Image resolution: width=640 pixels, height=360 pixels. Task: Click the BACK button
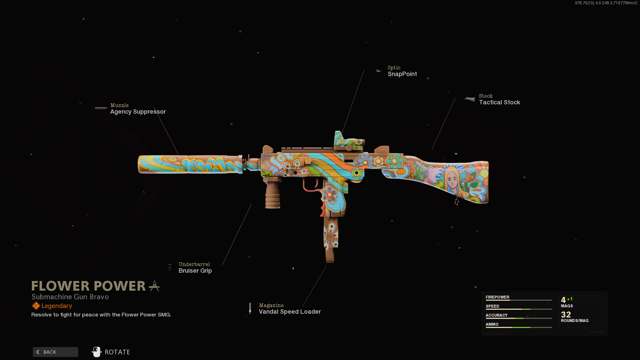pos(55,352)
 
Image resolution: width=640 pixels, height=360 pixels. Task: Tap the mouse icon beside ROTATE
pos(96,352)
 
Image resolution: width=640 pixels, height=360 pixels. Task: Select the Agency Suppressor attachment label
pos(138,112)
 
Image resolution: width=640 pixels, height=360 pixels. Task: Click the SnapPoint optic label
pos(402,74)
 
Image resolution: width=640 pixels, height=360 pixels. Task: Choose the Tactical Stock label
pos(499,102)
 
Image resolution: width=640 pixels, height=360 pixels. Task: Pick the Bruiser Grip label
pos(195,271)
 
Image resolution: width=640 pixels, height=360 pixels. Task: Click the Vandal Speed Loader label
pos(290,312)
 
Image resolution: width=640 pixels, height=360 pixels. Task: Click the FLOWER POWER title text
pos(88,286)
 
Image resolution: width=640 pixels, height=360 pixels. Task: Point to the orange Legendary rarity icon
pos(36,306)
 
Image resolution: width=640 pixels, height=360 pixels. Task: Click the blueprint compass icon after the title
pos(154,286)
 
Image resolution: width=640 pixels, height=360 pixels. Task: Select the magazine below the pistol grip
pos(331,238)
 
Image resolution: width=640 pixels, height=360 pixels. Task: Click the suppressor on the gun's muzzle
pos(190,164)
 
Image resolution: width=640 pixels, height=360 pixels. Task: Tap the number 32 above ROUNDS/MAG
pos(566,314)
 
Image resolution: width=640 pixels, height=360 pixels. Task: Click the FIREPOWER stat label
pos(497,297)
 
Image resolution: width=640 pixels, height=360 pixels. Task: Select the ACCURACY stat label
pos(496,315)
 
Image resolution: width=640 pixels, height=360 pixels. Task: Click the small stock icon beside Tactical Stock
pos(470,99)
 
